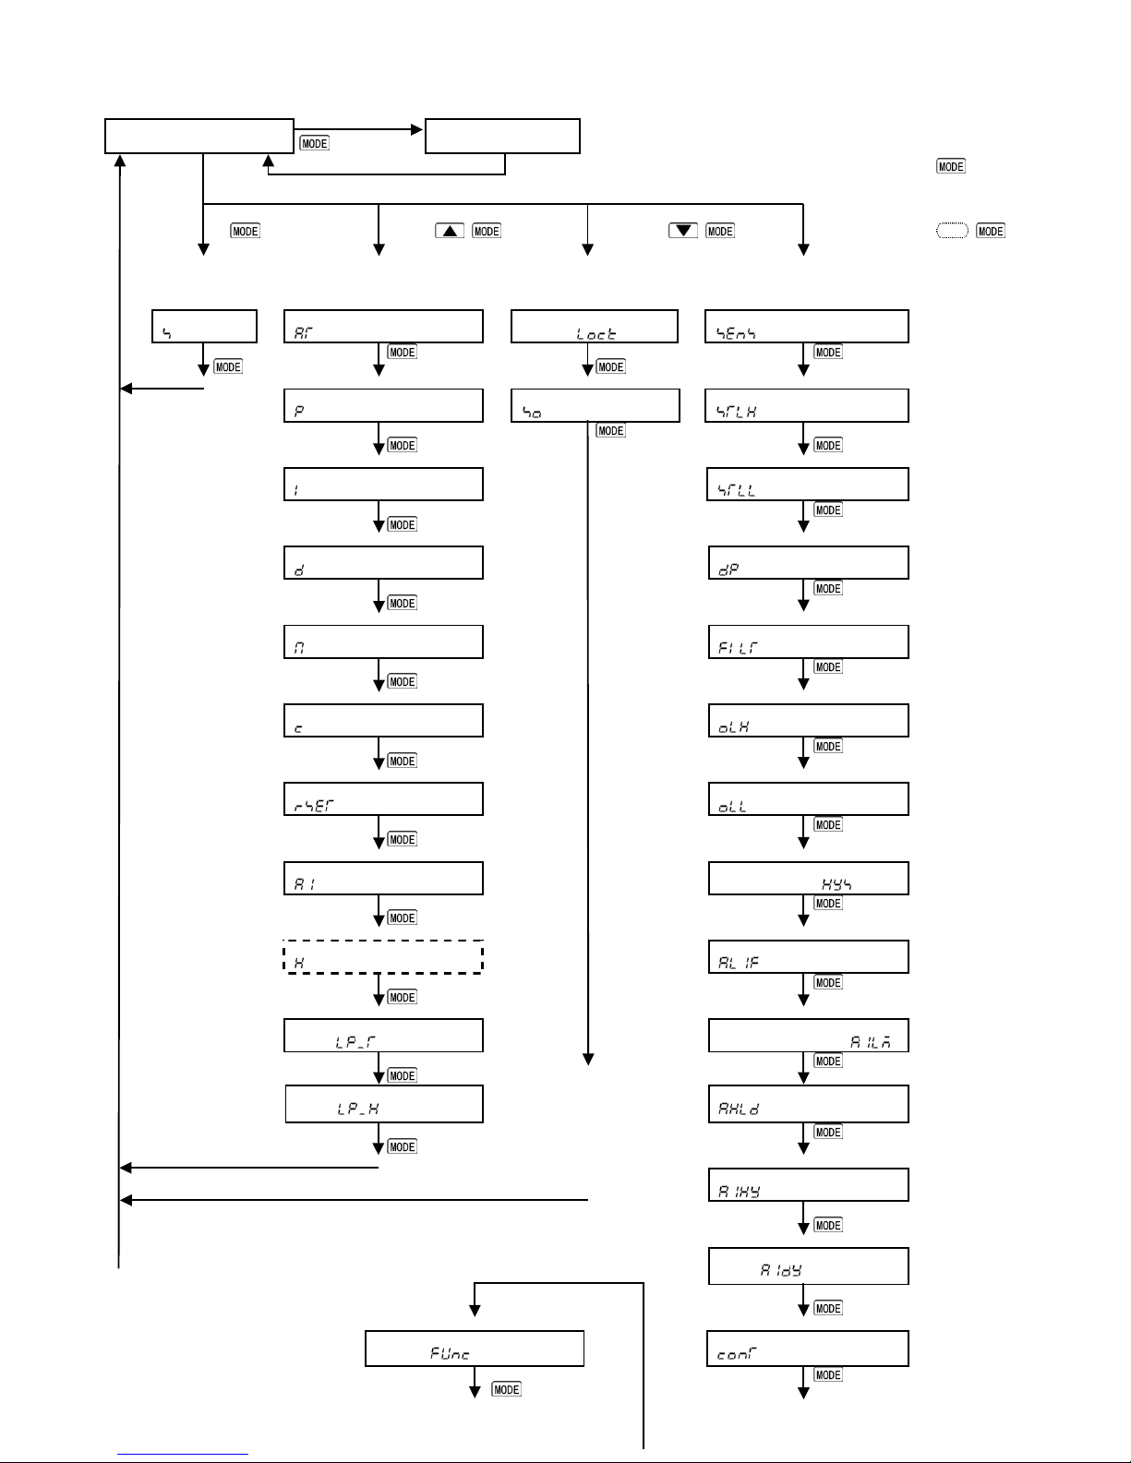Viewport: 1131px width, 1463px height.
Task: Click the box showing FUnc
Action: click(475, 1349)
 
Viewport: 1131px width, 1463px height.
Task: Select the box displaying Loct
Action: click(595, 327)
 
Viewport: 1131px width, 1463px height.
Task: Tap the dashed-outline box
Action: click(383, 957)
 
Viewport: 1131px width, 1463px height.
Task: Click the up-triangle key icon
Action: click(450, 231)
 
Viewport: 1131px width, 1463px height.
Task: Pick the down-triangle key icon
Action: click(683, 231)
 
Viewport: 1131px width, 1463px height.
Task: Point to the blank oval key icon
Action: click(952, 231)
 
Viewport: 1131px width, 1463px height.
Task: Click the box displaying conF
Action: click(808, 1349)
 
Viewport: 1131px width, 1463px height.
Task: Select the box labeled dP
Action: click(808, 563)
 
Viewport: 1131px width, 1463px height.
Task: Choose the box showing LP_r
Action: click(383, 1036)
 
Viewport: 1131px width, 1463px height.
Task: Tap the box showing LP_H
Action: click(384, 1105)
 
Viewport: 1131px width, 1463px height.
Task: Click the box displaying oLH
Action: click(808, 721)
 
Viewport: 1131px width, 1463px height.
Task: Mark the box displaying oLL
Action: click(808, 799)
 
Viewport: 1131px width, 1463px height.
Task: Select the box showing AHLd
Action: click(808, 1105)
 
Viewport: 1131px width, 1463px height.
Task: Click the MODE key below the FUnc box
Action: click(506, 1390)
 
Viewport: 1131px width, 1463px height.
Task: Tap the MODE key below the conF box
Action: click(828, 1375)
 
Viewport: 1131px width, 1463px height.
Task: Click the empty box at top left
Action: click(199, 136)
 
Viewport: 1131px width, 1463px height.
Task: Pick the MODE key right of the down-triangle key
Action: click(720, 231)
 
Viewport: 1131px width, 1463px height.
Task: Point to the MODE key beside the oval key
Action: click(991, 231)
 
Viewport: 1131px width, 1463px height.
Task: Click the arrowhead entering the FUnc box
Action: click(475, 1310)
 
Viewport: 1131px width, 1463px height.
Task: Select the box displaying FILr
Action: click(808, 642)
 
